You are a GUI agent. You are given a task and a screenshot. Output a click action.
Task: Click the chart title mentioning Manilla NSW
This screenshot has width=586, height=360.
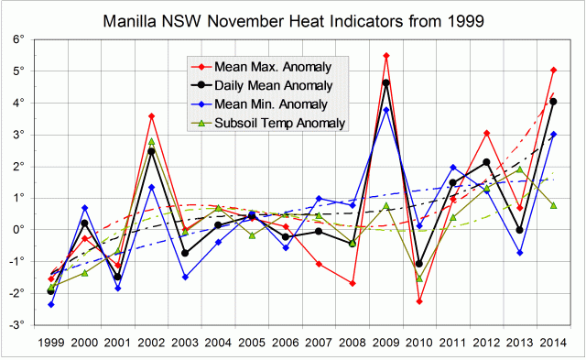point(293,18)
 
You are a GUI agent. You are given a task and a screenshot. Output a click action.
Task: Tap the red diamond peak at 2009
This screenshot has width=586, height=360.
point(386,56)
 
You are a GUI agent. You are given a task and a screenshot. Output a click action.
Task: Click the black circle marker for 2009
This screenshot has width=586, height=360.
point(386,83)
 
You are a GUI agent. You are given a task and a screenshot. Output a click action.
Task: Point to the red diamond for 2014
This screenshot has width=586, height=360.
point(553,70)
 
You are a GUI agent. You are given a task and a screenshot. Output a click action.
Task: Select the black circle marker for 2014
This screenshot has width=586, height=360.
point(553,102)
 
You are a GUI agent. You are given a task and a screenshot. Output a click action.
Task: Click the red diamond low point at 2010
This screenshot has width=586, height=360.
point(419,301)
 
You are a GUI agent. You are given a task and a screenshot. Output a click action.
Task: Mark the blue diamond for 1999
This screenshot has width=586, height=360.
point(51,304)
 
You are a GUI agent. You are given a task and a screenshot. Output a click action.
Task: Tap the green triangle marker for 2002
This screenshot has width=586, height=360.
point(151,141)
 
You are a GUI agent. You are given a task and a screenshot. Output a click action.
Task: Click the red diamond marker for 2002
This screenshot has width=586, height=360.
point(151,116)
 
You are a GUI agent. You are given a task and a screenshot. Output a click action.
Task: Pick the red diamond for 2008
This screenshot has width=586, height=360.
point(353,283)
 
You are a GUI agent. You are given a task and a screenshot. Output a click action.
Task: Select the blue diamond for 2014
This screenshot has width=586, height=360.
point(553,134)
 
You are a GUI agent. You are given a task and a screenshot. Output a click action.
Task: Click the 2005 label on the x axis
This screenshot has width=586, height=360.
point(252,344)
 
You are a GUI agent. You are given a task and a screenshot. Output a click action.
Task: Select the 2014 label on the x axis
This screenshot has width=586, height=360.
point(553,344)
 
